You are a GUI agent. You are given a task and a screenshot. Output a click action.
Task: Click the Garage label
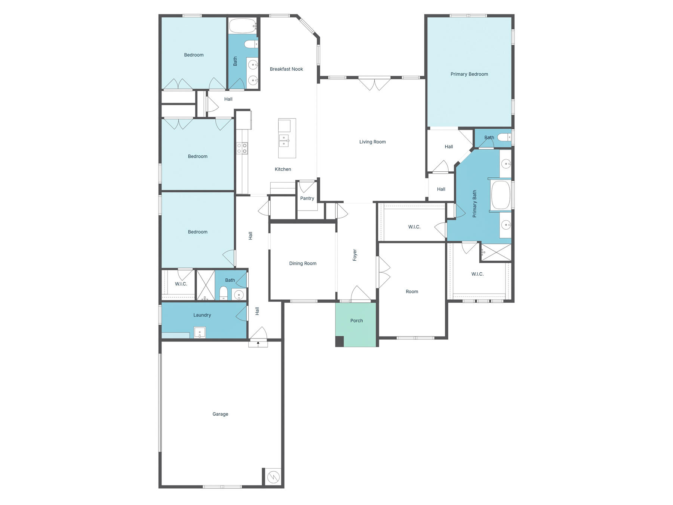220,414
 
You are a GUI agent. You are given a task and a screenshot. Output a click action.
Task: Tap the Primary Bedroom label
469,74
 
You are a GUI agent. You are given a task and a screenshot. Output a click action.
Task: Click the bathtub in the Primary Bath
501,195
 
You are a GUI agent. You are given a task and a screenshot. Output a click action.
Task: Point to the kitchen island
287,138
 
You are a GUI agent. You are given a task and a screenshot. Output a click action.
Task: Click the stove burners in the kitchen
242,148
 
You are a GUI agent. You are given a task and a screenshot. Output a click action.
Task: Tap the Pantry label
307,198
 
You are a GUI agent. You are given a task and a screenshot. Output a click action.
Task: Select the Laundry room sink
200,332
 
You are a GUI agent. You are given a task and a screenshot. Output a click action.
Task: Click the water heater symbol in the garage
273,477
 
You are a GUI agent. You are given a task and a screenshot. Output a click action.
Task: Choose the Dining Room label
302,263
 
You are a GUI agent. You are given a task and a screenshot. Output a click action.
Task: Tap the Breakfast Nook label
286,69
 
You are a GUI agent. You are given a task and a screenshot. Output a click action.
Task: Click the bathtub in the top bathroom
243,26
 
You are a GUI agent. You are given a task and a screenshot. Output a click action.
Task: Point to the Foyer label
355,255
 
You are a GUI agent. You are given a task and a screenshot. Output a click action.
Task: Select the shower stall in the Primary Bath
496,252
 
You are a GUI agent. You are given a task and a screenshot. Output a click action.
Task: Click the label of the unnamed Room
412,291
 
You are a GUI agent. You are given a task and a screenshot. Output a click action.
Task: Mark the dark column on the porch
339,342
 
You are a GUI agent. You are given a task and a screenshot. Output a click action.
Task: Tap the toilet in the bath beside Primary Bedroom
504,137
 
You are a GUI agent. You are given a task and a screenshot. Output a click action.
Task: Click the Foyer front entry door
360,294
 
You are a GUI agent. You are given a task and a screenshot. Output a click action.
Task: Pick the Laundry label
202,315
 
